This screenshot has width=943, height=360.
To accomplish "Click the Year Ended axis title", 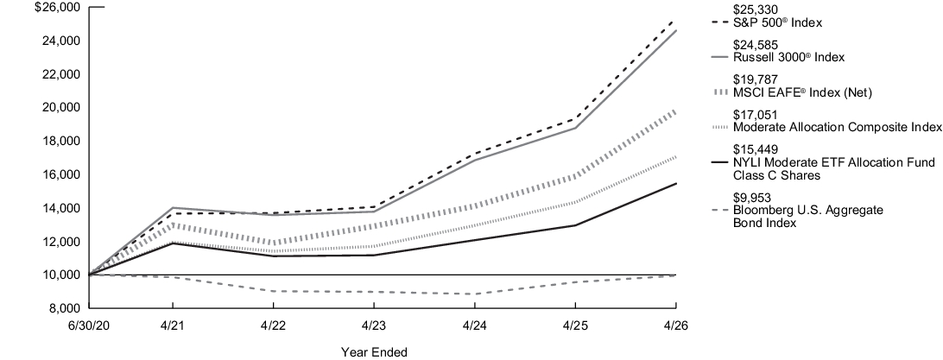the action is click(x=373, y=352).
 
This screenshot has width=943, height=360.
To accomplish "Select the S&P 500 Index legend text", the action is click(x=777, y=22).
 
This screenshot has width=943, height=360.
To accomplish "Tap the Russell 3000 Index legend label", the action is click(x=788, y=57).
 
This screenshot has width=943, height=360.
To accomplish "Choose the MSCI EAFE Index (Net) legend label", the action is click(x=802, y=92).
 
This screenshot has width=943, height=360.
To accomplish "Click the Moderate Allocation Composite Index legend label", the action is click(x=837, y=128).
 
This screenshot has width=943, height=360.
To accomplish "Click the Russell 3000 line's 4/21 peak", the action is click(x=174, y=207).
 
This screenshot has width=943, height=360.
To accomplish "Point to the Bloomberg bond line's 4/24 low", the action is click(x=474, y=294).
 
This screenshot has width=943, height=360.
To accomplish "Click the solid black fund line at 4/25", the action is click(x=575, y=225).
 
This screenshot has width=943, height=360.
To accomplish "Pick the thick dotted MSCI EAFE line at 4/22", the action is click(x=273, y=243).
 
